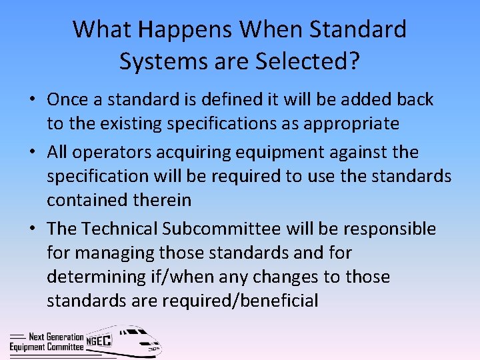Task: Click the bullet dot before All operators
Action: pyautogui.click(x=32, y=153)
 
